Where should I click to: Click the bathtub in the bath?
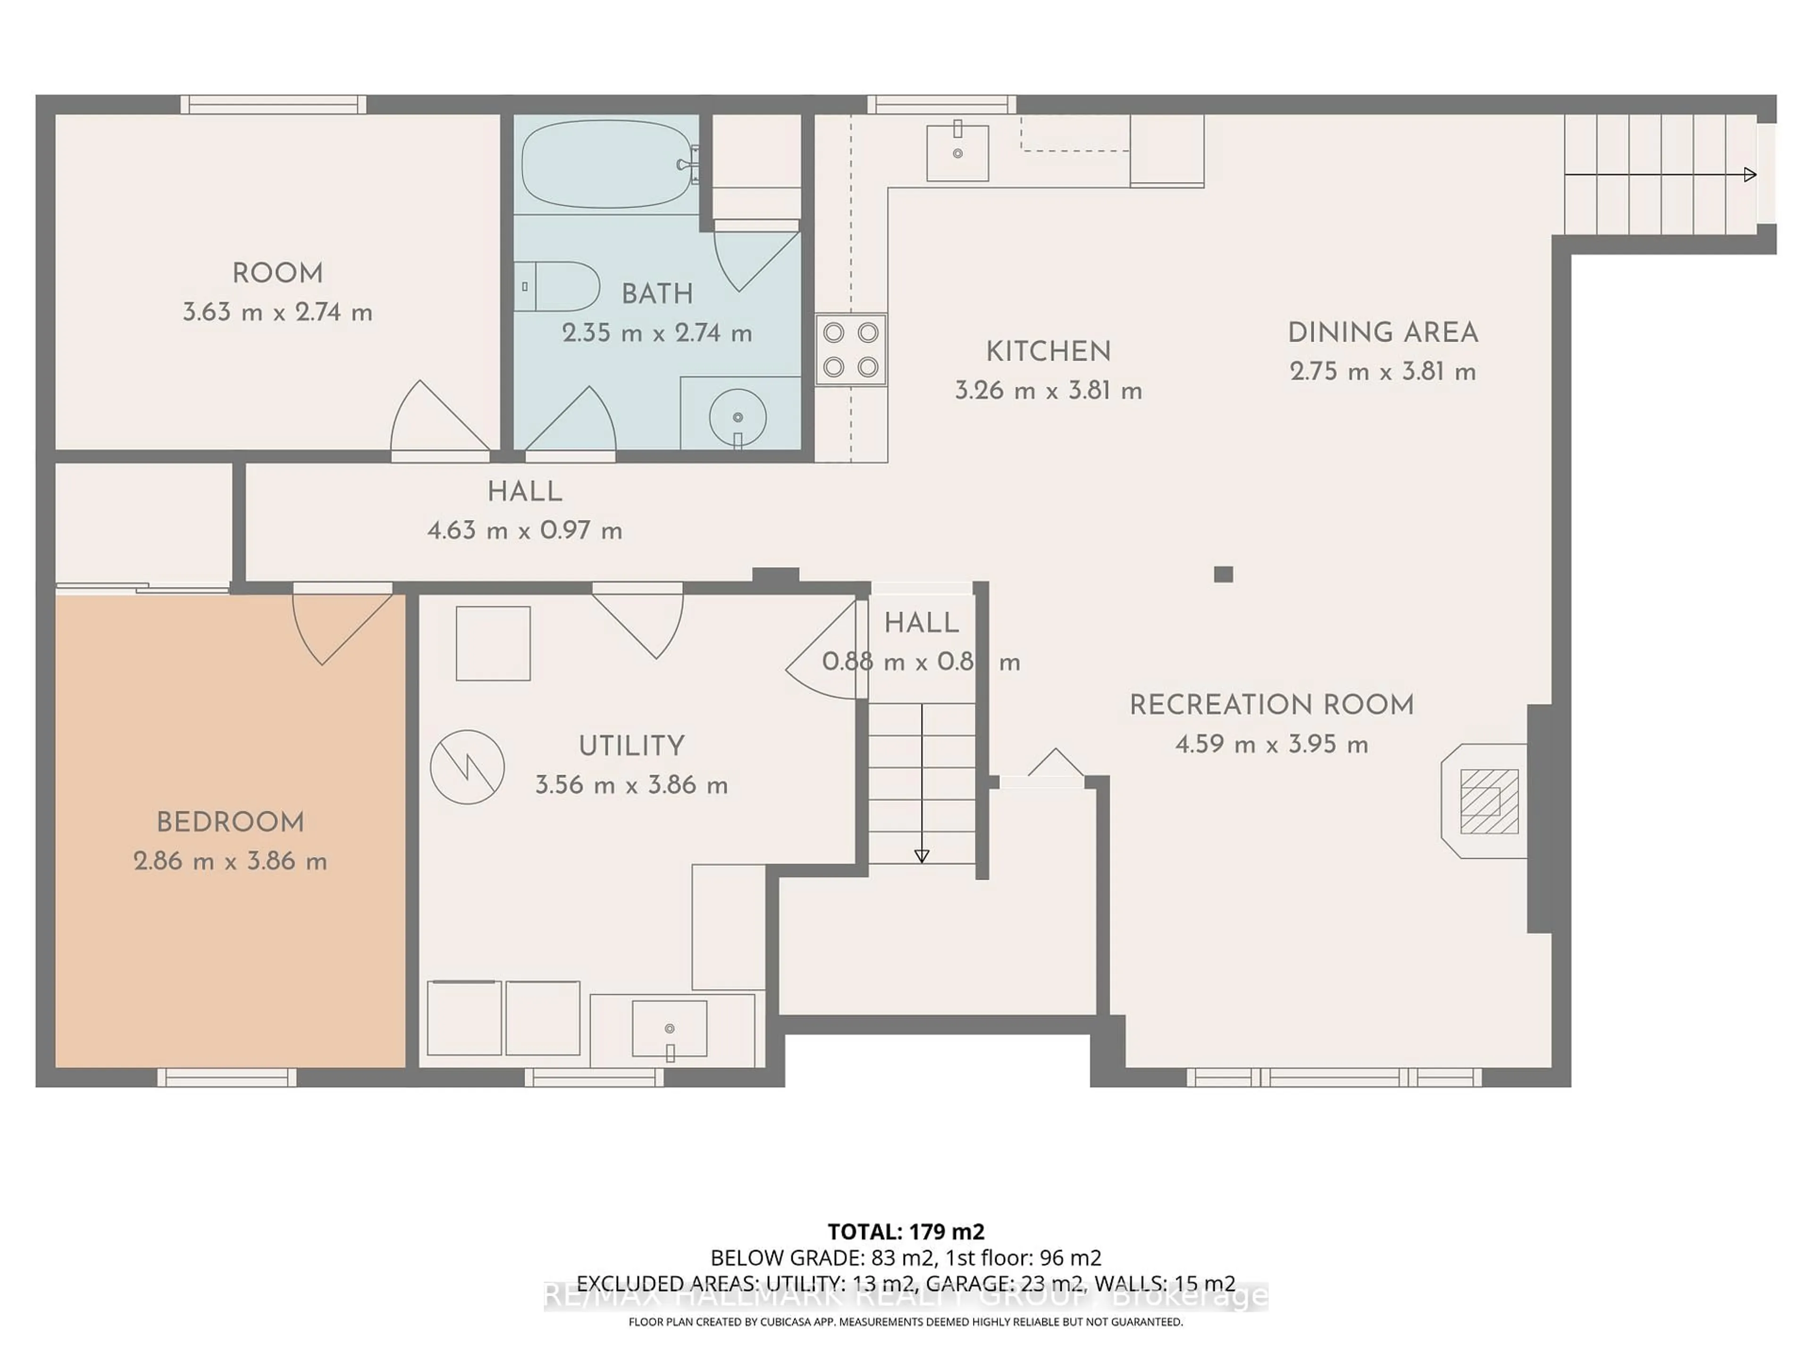coord(607,164)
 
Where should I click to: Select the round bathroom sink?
coord(737,417)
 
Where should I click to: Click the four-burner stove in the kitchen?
coord(851,350)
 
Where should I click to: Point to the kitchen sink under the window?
coord(957,153)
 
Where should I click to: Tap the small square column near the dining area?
coord(1223,574)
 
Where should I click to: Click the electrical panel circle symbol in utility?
coord(467,767)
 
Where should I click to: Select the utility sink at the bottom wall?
coord(669,1029)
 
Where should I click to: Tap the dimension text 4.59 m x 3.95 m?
coord(1271,745)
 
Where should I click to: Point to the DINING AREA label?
coord(1383,333)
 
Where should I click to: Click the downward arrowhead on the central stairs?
coord(922,856)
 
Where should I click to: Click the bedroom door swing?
coord(336,627)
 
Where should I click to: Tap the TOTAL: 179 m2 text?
coord(906,1231)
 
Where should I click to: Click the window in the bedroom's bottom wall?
coord(227,1077)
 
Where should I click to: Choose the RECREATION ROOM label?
coord(1271,705)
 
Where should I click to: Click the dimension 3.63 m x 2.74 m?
coord(277,312)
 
